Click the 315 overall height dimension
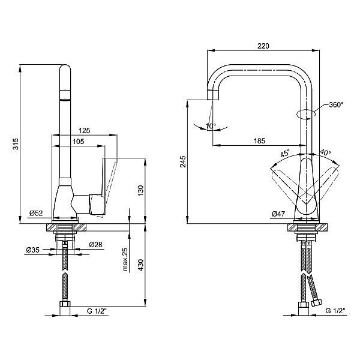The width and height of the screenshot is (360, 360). pyautogui.click(x=16, y=144)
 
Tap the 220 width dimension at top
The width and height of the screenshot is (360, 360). pyautogui.click(x=263, y=46)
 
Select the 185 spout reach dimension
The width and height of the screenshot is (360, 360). pyautogui.click(x=259, y=141)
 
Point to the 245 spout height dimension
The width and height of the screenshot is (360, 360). pyautogui.click(x=183, y=161)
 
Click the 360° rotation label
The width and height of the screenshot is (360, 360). pyautogui.click(x=337, y=104)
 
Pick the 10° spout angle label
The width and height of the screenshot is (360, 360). pyautogui.click(x=211, y=126)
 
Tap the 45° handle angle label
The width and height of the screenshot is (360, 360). pyautogui.click(x=284, y=153)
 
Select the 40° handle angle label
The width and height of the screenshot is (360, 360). pyautogui.click(x=325, y=152)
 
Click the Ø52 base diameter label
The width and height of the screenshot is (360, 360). pyautogui.click(x=36, y=213)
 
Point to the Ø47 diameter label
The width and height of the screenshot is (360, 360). pyautogui.click(x=278, y=214)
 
